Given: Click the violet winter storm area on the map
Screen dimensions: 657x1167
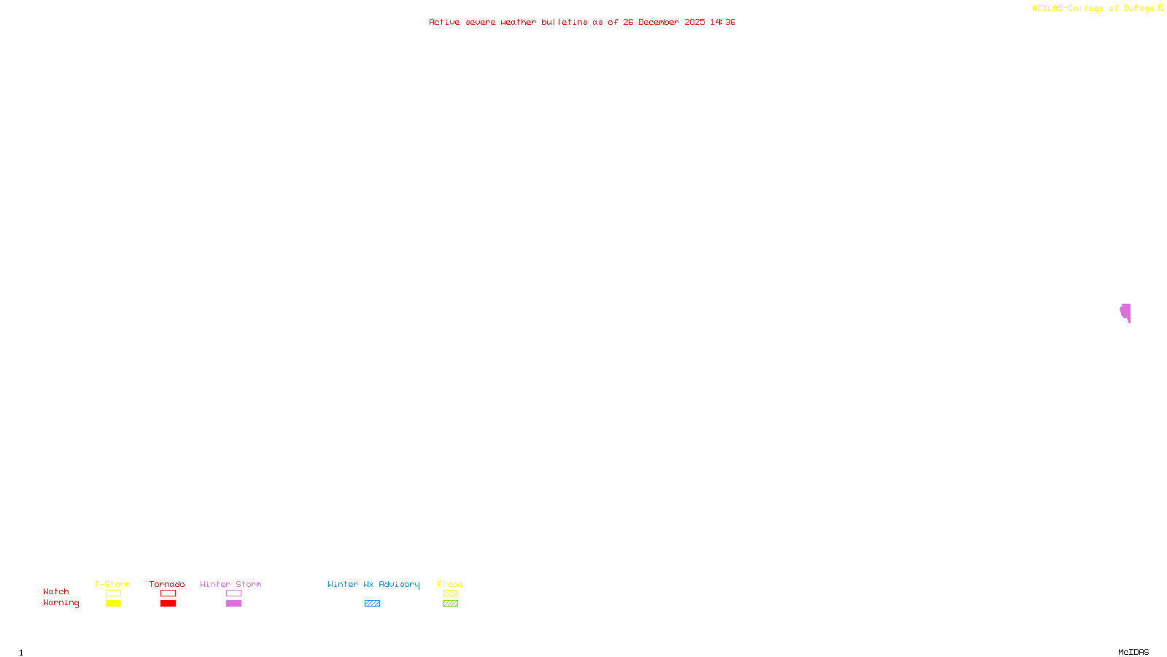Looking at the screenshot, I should (1125, 312).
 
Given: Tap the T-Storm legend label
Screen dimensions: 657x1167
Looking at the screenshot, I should (112, 584).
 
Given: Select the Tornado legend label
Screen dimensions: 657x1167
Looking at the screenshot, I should (167, 584).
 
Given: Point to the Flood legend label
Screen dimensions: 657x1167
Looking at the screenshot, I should (450, 584).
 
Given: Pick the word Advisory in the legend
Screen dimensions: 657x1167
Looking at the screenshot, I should (399, 584).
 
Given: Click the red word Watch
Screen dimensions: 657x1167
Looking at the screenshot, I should (56, 591).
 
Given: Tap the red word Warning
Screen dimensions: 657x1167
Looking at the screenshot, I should (61, 603).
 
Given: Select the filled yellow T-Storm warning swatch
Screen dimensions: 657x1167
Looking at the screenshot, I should (113, 604).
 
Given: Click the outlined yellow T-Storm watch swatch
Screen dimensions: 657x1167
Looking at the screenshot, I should (113, 593).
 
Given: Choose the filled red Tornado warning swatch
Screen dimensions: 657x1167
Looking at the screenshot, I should (168, 604).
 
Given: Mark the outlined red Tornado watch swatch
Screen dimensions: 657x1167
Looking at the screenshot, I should (168, 593).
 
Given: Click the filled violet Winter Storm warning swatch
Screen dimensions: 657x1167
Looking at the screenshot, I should (233, 604).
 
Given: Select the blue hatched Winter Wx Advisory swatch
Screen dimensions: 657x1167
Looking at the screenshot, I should (372, 604).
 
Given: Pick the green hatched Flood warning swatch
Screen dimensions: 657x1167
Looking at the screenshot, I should (450, 604).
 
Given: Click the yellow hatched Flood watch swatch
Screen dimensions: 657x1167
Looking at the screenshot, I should (450, 593).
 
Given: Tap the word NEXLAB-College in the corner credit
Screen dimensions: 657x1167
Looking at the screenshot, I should (1068, 8).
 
